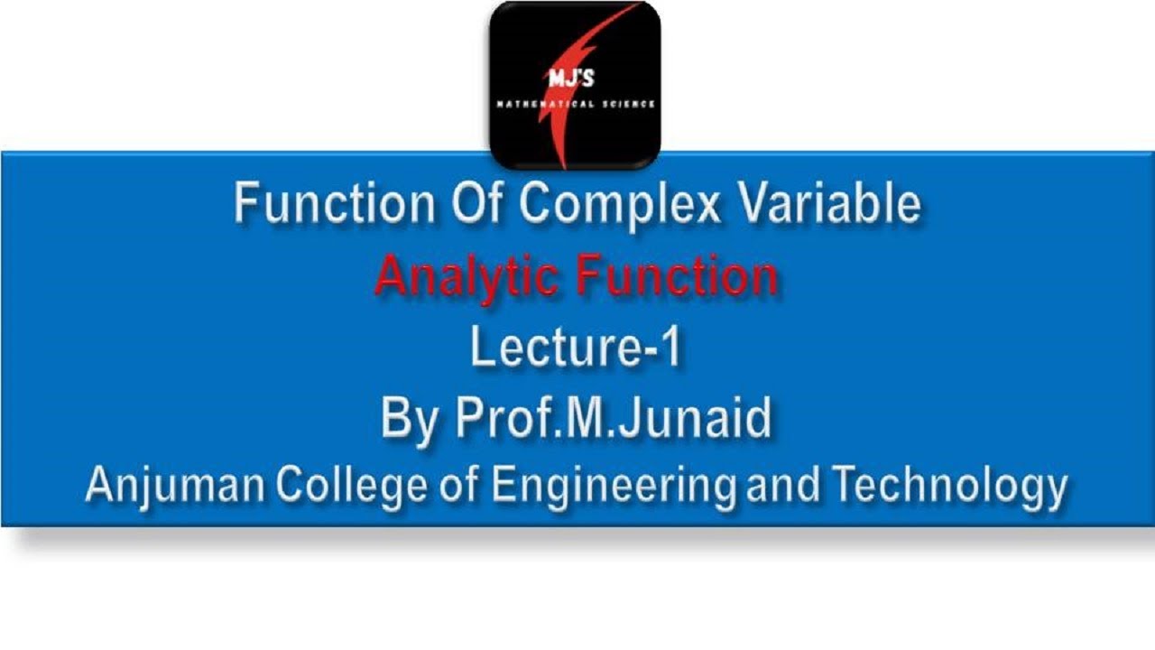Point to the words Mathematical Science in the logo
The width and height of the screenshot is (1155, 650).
point(575,105)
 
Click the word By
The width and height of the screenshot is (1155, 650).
point(411,418)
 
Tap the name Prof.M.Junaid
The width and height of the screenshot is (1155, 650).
point(613,418)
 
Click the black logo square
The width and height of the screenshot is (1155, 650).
point(575,84)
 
